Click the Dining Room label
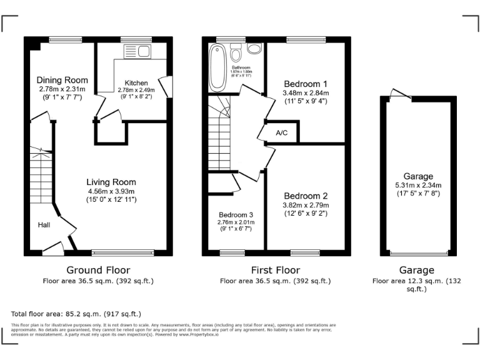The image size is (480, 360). (62, 80)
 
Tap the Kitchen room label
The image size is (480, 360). (136, 82)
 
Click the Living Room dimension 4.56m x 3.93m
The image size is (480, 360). (111, 191)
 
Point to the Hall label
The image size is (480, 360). (43, 225)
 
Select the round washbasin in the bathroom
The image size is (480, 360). (255, 49)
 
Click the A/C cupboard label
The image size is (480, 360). (281, 133)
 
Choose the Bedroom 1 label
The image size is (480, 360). (305, 84)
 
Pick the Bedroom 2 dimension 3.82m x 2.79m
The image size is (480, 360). (306, 204)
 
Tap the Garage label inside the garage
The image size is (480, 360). (418, 177)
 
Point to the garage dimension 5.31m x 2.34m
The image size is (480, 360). (418, 185)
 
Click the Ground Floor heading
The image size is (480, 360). (98, 270)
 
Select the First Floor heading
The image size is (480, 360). (275, 270)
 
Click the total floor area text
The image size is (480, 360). (76, 313)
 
